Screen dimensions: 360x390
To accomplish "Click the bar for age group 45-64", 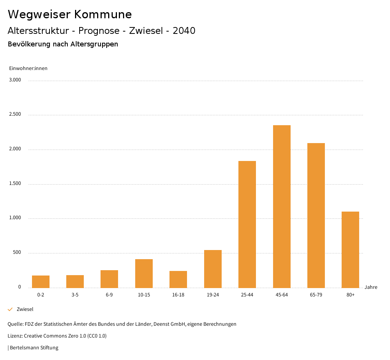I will pos(281,206).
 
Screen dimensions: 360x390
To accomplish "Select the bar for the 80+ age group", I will pos(350,250).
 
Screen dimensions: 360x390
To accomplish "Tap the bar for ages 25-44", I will pos(247,224).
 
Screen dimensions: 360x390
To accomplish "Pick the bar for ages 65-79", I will pos(316,215).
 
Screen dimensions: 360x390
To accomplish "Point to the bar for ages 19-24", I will pos(213,269).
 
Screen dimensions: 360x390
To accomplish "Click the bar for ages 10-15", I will pos(144,273).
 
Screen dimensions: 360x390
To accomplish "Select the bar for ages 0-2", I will pos(41,282).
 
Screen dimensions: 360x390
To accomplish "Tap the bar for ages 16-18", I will pos(178,279).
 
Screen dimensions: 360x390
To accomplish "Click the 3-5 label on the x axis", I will pos(75,295).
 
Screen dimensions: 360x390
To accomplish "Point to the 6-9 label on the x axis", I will pos(109,295).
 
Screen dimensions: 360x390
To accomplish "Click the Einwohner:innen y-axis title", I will pos(28,68).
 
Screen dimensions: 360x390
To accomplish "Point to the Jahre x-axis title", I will pos(371,287).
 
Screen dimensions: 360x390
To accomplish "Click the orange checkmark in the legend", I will pos(10,309).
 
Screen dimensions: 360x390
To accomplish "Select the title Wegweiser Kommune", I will pos(70,14).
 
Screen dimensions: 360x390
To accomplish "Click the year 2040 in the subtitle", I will pos(184,31).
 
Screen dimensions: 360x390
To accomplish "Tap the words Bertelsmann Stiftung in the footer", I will pos(34,347).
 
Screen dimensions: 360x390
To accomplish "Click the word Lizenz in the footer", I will pos(15,336).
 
